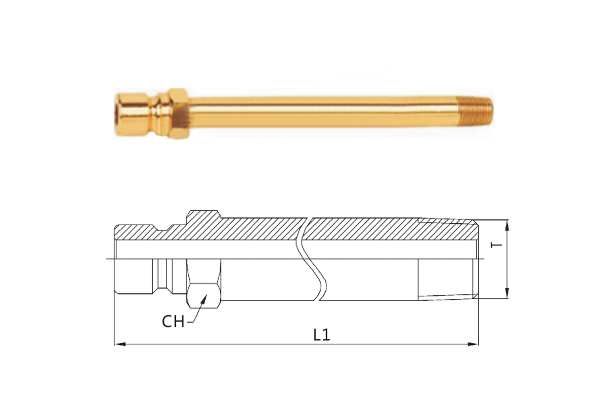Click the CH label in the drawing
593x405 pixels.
click(x=173, y=322)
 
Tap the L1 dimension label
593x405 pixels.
click(x=322, y=335)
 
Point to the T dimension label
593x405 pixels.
click(x=496, y=245)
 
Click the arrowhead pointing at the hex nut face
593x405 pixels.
click(x=205, y=297)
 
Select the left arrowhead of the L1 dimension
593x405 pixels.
click(x=120, y=344)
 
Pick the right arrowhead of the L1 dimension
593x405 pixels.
click(x=473, y=344)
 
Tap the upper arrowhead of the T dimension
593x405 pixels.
click(x=507, y=225)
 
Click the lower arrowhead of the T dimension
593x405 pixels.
click(x=507, y=293)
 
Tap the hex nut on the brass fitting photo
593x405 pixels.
click(x=179, y=114)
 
